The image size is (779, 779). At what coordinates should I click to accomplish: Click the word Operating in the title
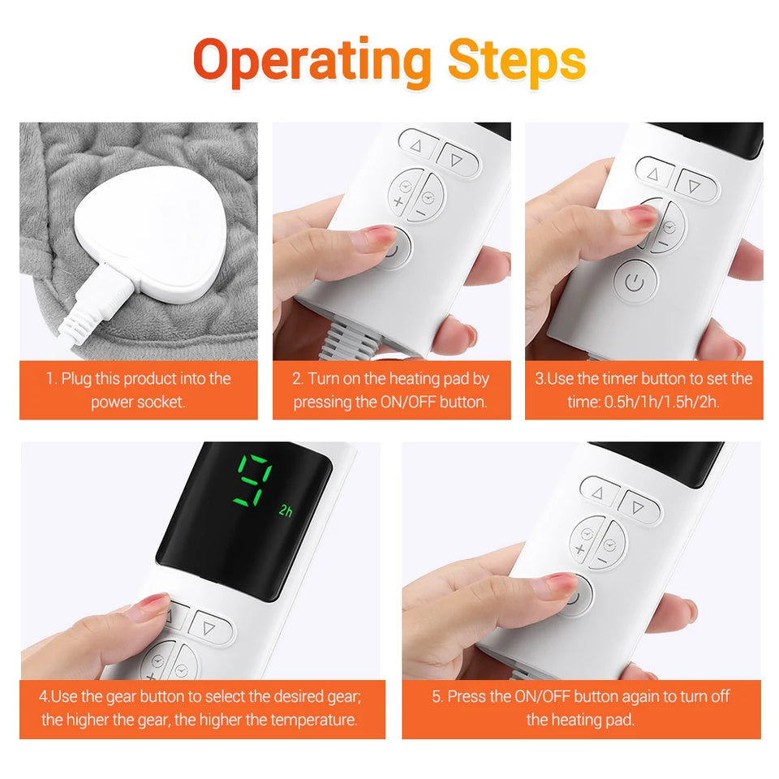(312, 62)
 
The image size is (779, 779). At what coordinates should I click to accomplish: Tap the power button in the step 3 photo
(635, 282)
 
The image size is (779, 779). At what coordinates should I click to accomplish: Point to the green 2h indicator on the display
(286, 510)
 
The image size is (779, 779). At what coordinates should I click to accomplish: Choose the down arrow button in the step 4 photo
(209, 627)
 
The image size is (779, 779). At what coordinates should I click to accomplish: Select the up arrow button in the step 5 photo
(600, 493)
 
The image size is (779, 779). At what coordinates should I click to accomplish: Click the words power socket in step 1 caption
(138, 402)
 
